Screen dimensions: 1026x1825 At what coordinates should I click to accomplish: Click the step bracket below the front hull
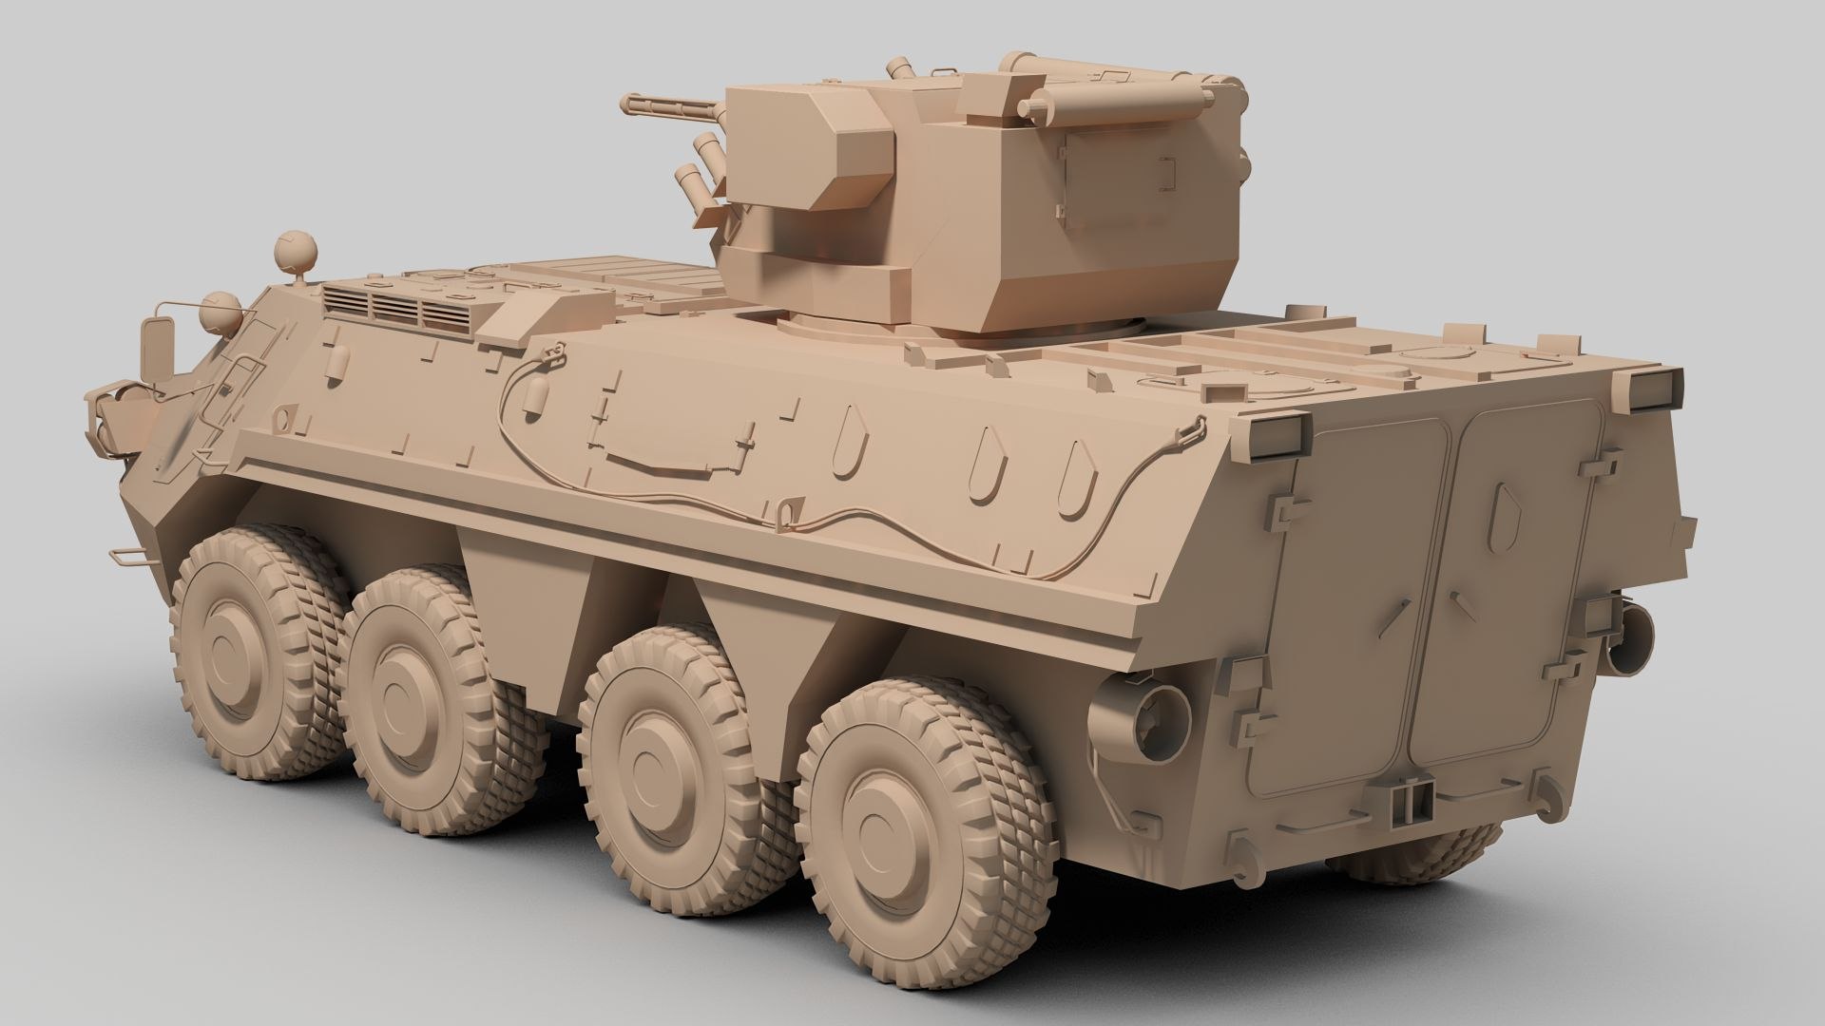point(127,556)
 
